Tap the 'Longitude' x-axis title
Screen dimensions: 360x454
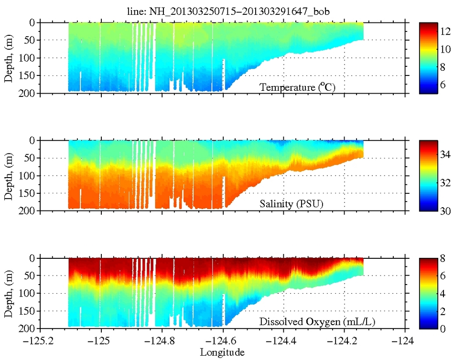point(222,352)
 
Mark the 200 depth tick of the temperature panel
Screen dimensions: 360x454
point(30,93)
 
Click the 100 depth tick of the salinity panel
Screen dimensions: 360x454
point(30,176)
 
